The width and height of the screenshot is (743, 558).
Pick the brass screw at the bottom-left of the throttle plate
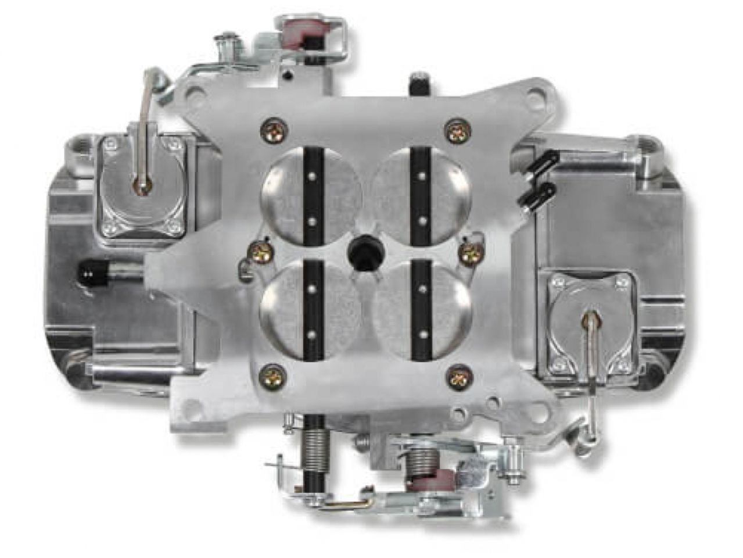click(271, 373)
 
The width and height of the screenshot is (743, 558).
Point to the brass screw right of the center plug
click(468, 250)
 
